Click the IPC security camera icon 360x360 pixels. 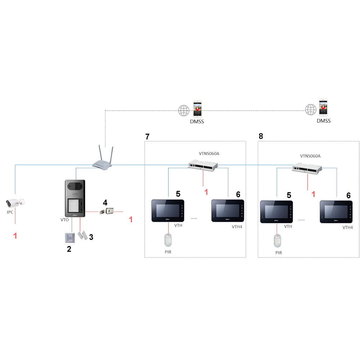pyautogui.click(x=15, y=202)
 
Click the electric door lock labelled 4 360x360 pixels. pyautogui.click(x=107, y=211)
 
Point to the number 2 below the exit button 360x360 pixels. pyautogui.click(x=69, y=248)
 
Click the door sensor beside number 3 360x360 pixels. pyautogui.click(x=82, y=235)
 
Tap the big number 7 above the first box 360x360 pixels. pyautogui.click(x=147, y=136)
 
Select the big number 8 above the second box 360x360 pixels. pyautogui.click(x=261, y=136)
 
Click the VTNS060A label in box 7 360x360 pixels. pyautogui.click(x=209, y=153)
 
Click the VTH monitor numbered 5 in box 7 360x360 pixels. pyautogui.click(x=168, y=211)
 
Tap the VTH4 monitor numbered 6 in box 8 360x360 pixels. pyautogui.click(x=336, y=212)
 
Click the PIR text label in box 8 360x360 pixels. pyautogui.click(x=279, y=253)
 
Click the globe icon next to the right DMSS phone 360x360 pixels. pyautogui.click(x=311, y=109)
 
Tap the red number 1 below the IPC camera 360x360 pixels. pyautogui.click(x=15, y=236)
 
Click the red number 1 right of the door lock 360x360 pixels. pyautogui.click(x=131, y=219)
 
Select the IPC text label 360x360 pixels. pyautogui.click(x=10, y=212)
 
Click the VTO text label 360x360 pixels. pyautogui.click(x=64, y=219)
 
